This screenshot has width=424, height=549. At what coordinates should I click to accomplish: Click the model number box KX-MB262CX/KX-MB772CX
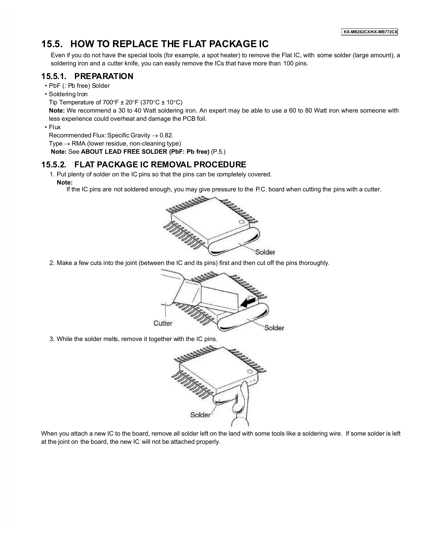coord(370,32)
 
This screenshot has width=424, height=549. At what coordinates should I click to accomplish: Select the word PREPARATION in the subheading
coord(104,76)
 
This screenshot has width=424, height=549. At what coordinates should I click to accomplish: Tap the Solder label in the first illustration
coord(265,252)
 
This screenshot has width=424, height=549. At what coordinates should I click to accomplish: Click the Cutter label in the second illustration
coord(163,323)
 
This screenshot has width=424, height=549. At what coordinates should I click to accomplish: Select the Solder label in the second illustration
coord(274,328)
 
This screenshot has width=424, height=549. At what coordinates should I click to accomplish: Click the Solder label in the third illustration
coord(200,415)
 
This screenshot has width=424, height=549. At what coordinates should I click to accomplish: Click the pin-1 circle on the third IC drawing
coord(250,371)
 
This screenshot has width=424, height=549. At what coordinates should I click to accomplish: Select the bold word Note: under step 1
coord(65,182)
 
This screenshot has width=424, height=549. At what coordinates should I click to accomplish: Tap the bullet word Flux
coord(55,127)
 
